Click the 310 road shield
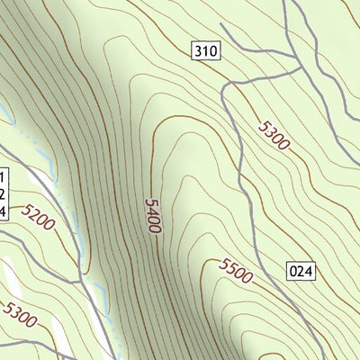coord(205,51)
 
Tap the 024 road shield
coord(301,269)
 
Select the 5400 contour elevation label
coord(151,216)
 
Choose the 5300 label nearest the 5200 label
coord(21,314)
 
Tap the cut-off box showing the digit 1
coord(3,176)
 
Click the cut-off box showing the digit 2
coord(3,193)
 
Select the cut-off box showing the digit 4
coord(3,211)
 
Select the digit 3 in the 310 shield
coord(198,51)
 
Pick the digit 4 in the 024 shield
coord(309,269)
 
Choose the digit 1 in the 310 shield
coord(205,51)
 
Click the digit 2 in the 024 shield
coord(301,269)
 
